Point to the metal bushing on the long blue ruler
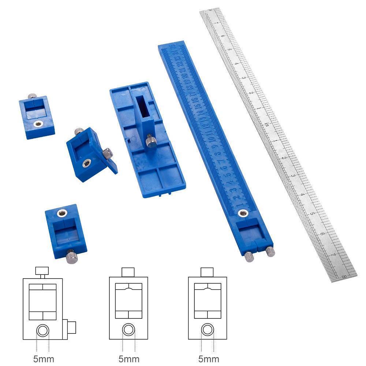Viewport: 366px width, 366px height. [x=242, y=213]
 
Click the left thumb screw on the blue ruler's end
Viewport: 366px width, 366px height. [x=250, y=257]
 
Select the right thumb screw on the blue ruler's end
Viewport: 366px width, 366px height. [x=270, y=251]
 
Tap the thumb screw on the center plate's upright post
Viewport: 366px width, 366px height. [x=150, y=141]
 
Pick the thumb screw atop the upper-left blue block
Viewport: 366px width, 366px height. [x=32, y=97]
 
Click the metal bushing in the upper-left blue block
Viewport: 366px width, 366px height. [x=37, y=124]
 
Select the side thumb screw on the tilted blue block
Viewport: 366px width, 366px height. [x=107, y=153]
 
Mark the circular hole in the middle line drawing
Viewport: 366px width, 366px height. [x=129, y=329]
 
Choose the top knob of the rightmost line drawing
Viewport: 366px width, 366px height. [x=207, y=272]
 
